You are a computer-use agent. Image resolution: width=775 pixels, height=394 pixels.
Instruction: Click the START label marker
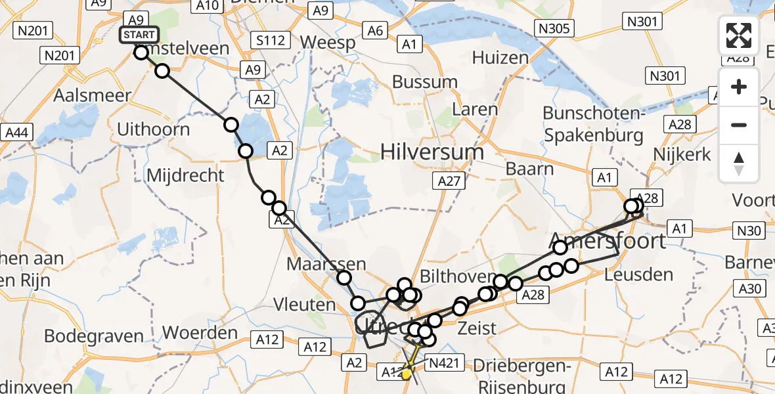coord(138,35)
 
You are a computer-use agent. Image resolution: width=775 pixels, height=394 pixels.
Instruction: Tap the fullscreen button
coord(739,35)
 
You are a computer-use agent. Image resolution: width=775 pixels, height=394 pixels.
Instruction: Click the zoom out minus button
coord(739,125)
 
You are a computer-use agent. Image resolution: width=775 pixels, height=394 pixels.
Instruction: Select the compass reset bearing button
coord(739,163)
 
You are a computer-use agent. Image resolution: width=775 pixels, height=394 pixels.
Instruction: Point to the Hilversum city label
coord(433,152)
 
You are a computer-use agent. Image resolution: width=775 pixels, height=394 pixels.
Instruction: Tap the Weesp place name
coord(328,42)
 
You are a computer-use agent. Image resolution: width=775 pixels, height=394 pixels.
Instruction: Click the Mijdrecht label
coord(186,175)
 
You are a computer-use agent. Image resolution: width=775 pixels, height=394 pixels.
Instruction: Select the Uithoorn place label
coord(153,128)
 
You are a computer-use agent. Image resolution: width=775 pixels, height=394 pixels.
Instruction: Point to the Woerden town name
coord(200,333)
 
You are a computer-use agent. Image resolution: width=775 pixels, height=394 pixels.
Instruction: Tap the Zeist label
coord(478,328)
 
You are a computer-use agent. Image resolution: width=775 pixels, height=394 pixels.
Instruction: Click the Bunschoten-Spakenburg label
coord(593,124)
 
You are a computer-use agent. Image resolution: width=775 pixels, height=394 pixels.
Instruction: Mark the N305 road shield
coord(555,28)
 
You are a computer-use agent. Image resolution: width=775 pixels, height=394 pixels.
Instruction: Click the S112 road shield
coord(271,41)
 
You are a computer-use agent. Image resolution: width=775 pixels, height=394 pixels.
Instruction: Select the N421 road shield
coord(445,361)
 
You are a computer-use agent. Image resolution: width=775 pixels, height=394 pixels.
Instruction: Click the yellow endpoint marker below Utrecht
coord(407,375)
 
